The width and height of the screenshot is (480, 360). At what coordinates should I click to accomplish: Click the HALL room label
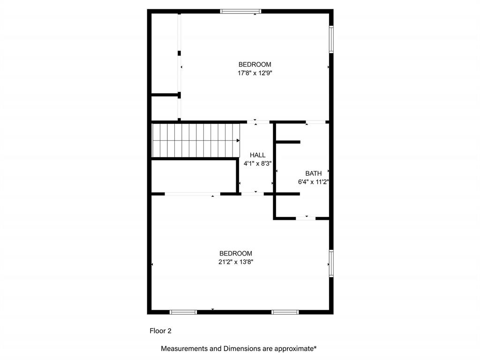pos(257,155)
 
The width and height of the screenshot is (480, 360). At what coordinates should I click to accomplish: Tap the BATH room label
pos(314,173)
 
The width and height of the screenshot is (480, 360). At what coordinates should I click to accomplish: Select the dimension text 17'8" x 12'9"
pos(255,73)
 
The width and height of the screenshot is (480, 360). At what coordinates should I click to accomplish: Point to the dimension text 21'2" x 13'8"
pos(236,262)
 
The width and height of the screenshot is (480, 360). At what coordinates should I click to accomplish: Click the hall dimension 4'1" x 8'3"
pos(257,164)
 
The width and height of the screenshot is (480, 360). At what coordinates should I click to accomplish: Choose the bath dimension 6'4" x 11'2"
pos(313,182)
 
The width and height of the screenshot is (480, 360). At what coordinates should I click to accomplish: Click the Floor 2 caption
pos(160,331)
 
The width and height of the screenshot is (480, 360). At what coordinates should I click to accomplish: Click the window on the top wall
pos(240,11)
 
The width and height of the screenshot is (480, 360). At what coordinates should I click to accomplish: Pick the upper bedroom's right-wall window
pos(331,39)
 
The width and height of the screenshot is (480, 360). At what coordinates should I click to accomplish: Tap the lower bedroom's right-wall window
pos(331,263)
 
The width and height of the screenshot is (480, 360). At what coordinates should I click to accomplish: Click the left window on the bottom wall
pos(183,312)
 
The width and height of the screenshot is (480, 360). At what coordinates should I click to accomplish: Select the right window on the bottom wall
pos(285,312)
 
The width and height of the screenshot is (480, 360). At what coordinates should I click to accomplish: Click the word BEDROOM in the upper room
pos(255,65)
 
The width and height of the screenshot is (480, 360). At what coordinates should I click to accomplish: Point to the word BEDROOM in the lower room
pos(236,254)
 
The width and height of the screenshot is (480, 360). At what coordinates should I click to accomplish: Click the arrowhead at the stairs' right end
pos(238,140)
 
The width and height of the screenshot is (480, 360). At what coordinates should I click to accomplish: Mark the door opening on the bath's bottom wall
pos(306,218)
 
